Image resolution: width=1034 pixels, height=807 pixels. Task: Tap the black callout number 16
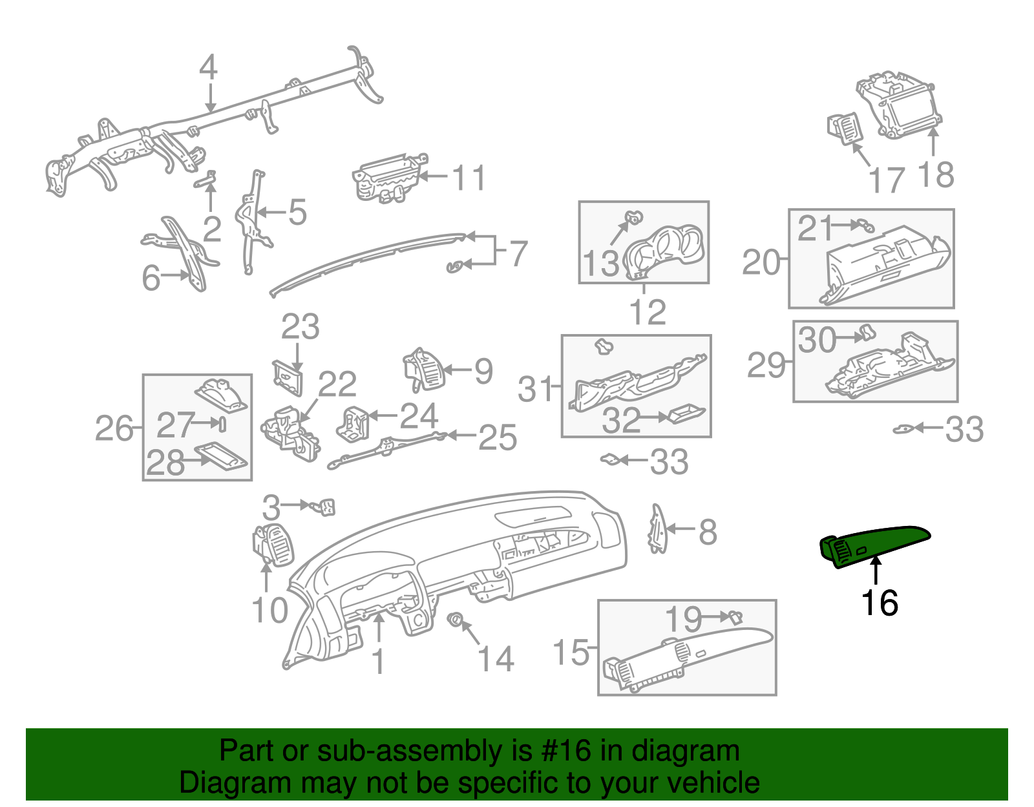(879, 603)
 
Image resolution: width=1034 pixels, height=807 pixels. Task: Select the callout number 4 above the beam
(208, 67)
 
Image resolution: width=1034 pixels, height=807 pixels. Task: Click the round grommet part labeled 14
(456, 620)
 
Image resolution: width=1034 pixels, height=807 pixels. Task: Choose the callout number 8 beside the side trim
(708, 532)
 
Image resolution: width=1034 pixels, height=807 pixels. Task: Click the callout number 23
(300, 327)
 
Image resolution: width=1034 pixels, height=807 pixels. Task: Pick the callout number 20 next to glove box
(761, 262)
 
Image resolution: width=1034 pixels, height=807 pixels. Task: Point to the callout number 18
(935, 175)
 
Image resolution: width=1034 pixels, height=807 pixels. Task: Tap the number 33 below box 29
(964, 430)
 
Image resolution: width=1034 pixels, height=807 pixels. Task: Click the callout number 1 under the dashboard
(379, 662)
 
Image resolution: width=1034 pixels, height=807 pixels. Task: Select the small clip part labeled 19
(735, 617)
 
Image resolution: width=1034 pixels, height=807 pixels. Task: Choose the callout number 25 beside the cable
(498, 437)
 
